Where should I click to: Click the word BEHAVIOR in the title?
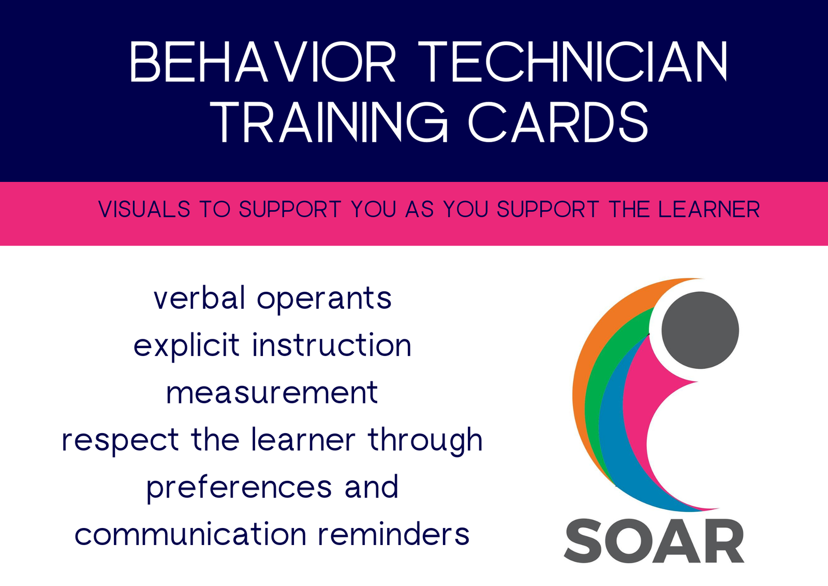(x=263, y=62)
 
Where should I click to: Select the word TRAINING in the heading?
(x=329, y=122)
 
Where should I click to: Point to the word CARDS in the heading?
(x=558, y=122)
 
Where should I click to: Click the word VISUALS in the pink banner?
(x=144, y=209)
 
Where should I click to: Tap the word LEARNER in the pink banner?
(x=709, y=209)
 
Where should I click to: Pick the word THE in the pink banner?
(x=628, y=209)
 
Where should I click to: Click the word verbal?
(x=200, y=297)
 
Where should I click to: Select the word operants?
(x=324, y=301)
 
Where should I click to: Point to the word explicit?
(x=187, y=346)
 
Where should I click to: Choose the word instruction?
(x=332, y=345)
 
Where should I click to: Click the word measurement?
(x=272, y=393)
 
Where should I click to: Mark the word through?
(x=425, y=440)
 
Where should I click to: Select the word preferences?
(x=239, y=488)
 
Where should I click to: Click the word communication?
(x=190, y=534)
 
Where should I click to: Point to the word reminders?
(x=394, y=534)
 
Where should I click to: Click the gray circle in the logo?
(x=700, y=330)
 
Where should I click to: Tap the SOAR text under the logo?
(x=654, y=541)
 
